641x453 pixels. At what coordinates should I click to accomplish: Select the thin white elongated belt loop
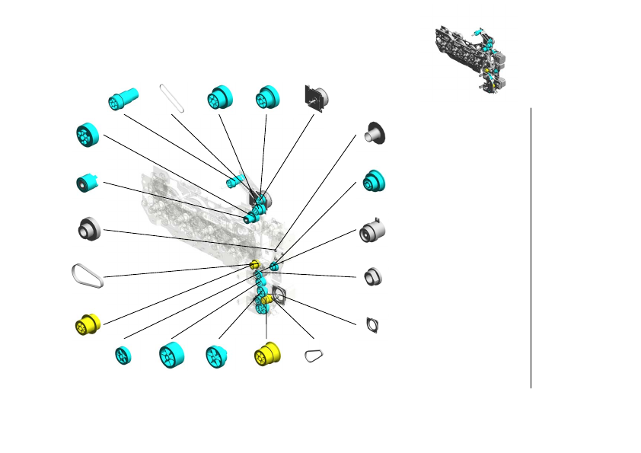pos(172,98)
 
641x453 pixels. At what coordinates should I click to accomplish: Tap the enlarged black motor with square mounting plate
pos(315,97)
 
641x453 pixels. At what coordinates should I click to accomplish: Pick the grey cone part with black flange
pos(375,132)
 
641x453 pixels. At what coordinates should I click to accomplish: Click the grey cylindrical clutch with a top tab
pos(372,231)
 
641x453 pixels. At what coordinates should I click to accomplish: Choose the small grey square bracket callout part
pos(373,324)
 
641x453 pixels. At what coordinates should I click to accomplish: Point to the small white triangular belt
pos(313,356)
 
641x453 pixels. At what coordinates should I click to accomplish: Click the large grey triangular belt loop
pos(87,275)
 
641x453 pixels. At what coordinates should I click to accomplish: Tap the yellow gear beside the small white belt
pos(266,354)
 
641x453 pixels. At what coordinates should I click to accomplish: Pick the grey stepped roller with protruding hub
pos(90,228)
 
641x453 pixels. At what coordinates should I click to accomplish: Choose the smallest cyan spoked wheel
pos(122,356)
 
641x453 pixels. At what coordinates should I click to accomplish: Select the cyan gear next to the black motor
pos(268,97)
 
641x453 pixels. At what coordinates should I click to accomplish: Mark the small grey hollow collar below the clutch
pos(372,276)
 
